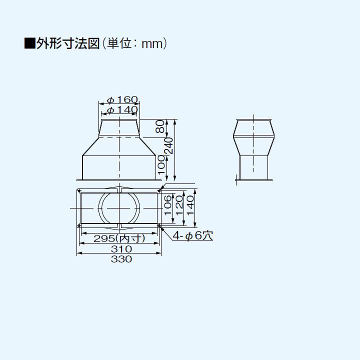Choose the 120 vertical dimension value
click(x=178, y=205)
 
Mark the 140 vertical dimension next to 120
click(x=190, y=205)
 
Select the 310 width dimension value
click(x=119, y=248)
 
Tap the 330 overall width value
click(x=119, y=259)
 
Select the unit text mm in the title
click(x=152, y=44)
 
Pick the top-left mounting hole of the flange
click(x=79, y=190)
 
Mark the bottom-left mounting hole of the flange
click(x=79, y=226)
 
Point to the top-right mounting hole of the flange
click(x=159, y=190)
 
